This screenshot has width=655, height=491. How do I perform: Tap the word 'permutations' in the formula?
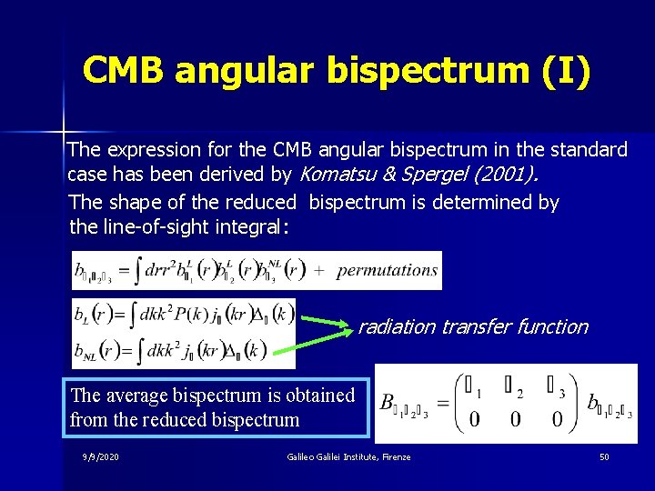[387, 270]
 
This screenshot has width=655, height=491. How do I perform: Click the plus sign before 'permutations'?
[320, 270]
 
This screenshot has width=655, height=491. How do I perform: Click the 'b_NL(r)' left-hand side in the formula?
[99, 351]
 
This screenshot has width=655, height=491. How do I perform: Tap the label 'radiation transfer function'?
[472, 327]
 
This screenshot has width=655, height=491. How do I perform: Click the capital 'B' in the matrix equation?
[388, 401]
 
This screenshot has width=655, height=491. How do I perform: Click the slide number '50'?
[604, 456]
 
